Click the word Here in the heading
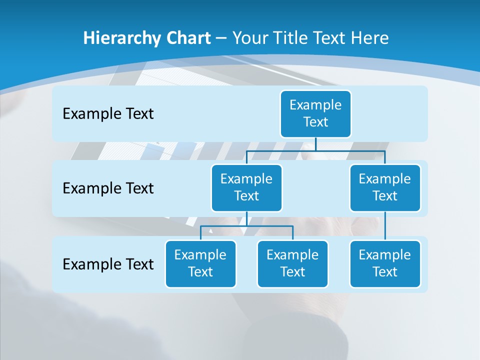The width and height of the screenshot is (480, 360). coord(369,38)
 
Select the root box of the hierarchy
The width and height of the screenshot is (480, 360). coord(315,113)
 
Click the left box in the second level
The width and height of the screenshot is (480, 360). coord(246,187)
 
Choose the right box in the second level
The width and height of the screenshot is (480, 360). coord(385,187)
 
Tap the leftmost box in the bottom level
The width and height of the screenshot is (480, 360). coord(200,263)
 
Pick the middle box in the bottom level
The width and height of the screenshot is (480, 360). coord(292,263)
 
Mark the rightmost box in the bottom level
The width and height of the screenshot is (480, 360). coord(385,263)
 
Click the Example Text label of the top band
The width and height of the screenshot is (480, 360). coord(108,114)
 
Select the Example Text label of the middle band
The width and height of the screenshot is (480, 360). coord(108,188)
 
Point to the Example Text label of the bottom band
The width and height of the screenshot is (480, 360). coord(108,264)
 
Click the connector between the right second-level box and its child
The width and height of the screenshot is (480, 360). coord(385,226)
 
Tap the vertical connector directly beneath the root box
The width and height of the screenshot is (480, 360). coord(315,144)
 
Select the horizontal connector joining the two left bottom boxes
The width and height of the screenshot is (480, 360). coord(246,226)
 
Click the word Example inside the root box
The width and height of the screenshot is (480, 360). coord(315,105)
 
